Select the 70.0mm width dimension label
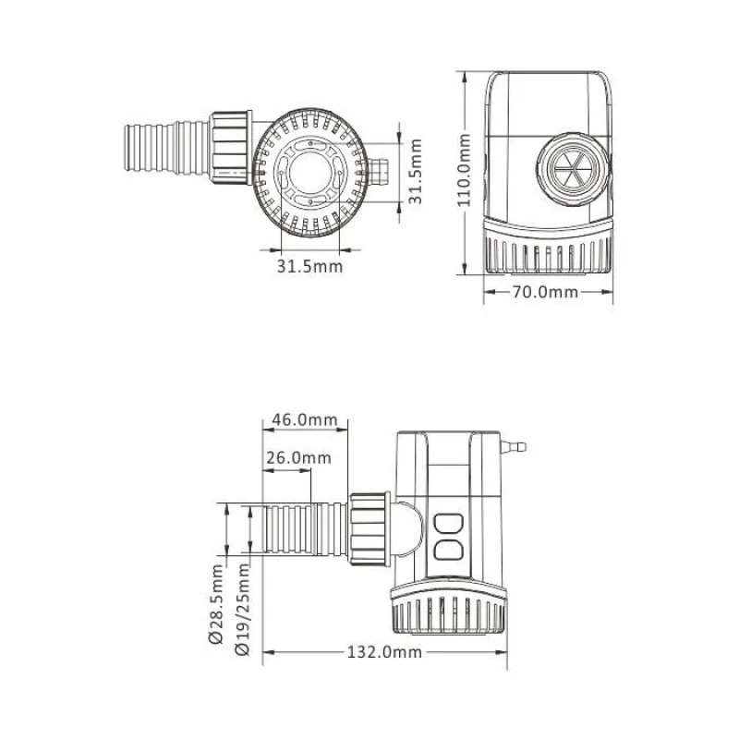[545, 293]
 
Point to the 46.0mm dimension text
[304, 420]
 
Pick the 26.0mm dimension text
[298, 458]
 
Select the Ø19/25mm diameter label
[243, 610]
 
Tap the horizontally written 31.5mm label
[309, 266]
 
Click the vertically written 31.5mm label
[416, 171]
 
